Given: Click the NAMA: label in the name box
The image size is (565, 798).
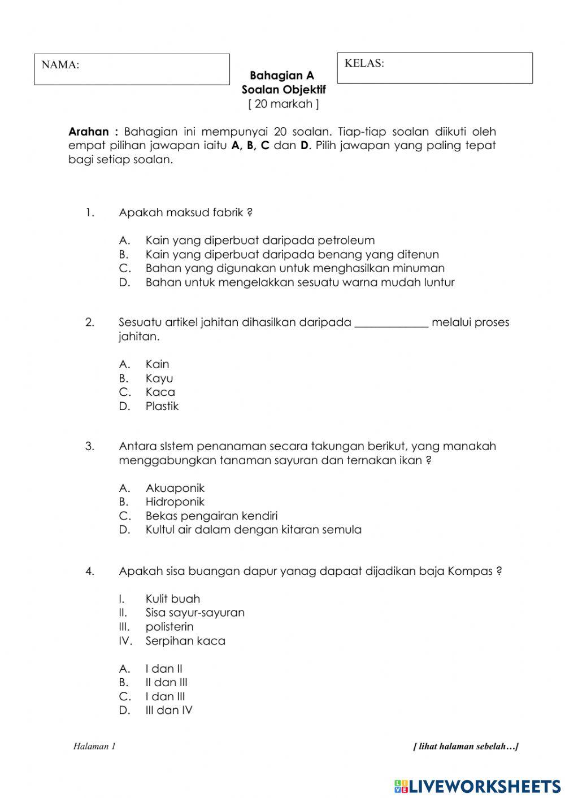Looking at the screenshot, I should (60, 65).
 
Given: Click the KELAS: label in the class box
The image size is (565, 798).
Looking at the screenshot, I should (364, 63).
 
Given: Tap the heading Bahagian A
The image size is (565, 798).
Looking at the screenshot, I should (281, 76).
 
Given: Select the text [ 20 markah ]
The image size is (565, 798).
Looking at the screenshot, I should (283, 104).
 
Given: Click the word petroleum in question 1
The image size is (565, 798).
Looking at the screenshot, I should (346, 241).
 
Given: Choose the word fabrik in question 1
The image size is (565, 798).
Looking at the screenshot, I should (228, 213).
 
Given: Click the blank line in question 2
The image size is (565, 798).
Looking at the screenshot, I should (391, 323).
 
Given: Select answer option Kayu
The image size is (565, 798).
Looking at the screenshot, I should (159, 378).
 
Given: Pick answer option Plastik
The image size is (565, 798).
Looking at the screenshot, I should (162, 406).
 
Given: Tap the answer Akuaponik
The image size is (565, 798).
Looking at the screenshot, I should (175, 488).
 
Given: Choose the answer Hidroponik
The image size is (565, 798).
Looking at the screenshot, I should (175, 502).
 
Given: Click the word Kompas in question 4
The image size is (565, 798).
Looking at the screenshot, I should (470, 571).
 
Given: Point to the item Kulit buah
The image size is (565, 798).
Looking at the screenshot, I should (172, 599).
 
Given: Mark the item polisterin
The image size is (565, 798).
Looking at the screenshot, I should (169, 627).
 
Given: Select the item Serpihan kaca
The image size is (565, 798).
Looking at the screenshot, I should (185, 641).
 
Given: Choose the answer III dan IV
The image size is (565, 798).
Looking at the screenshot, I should (168, 710).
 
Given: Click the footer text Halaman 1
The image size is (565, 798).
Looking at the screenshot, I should (94, 747).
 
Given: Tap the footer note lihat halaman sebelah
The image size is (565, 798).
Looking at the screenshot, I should (466, 747).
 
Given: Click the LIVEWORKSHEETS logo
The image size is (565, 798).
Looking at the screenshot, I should (477, 786).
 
